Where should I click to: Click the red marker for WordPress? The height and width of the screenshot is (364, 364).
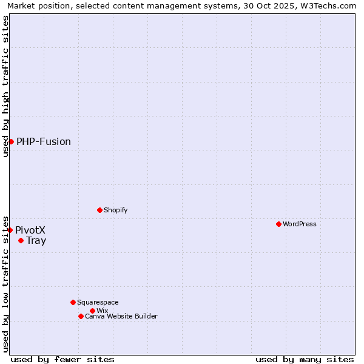click(x=278, y=224)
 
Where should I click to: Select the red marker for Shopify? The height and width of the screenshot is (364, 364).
click(x=99, y=210)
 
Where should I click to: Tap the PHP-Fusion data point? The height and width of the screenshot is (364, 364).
click(x=11, y=141)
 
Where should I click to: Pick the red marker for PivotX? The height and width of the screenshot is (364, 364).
click(x=10, y=230)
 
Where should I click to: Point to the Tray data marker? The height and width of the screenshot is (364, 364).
click(x=21, y=240)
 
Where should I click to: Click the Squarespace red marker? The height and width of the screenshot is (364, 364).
click(x=73, y=302)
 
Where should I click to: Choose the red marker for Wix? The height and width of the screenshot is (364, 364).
click(x=92, y=311)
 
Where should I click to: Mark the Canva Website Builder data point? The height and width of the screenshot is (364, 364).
click(x=81, y=316)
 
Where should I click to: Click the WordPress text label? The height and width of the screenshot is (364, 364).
click(x=300, y=224)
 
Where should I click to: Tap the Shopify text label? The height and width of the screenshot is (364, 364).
click(x=115, y=210)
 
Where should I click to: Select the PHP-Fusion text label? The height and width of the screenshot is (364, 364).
click(x=44, y=142)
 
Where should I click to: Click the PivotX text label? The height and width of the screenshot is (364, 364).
click(x=30, y=231)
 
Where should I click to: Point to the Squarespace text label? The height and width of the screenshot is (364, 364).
click(x=98, y=302)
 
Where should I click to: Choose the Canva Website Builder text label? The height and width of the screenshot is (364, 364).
click(x=121, y=316)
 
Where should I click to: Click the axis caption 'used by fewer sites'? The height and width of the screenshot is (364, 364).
click(x=62, y=359)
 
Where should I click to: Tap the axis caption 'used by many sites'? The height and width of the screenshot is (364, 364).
click(x=305, y=359)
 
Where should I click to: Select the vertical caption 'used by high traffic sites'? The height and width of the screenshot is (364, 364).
click(x=5, y=86)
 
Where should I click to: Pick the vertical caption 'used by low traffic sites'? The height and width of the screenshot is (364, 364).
click(x=5, y=283)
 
